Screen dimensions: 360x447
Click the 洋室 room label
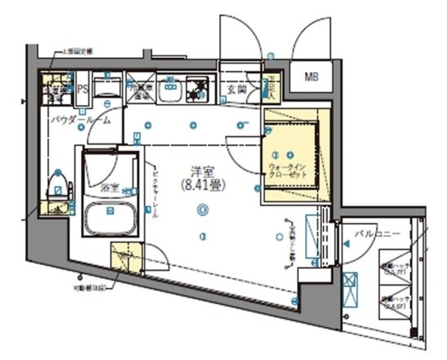[202, 169]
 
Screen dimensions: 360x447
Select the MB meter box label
[310, 77]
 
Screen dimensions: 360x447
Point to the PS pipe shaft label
[82, 89]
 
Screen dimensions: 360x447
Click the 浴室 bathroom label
[109, 187]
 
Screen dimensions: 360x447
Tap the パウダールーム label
[80, 120]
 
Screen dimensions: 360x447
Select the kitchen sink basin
[169, 89]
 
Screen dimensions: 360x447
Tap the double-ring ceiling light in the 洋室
[202, 208]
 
